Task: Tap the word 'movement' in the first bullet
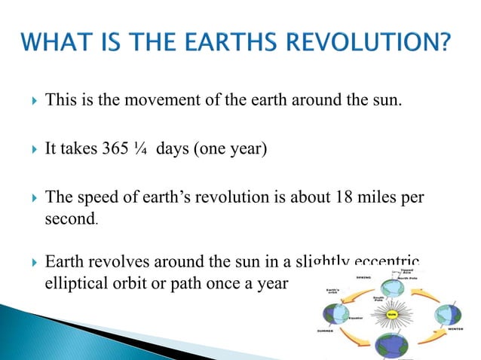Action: click(147, 100)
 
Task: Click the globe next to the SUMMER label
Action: click(336, 315)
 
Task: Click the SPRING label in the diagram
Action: click(364, 276)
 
